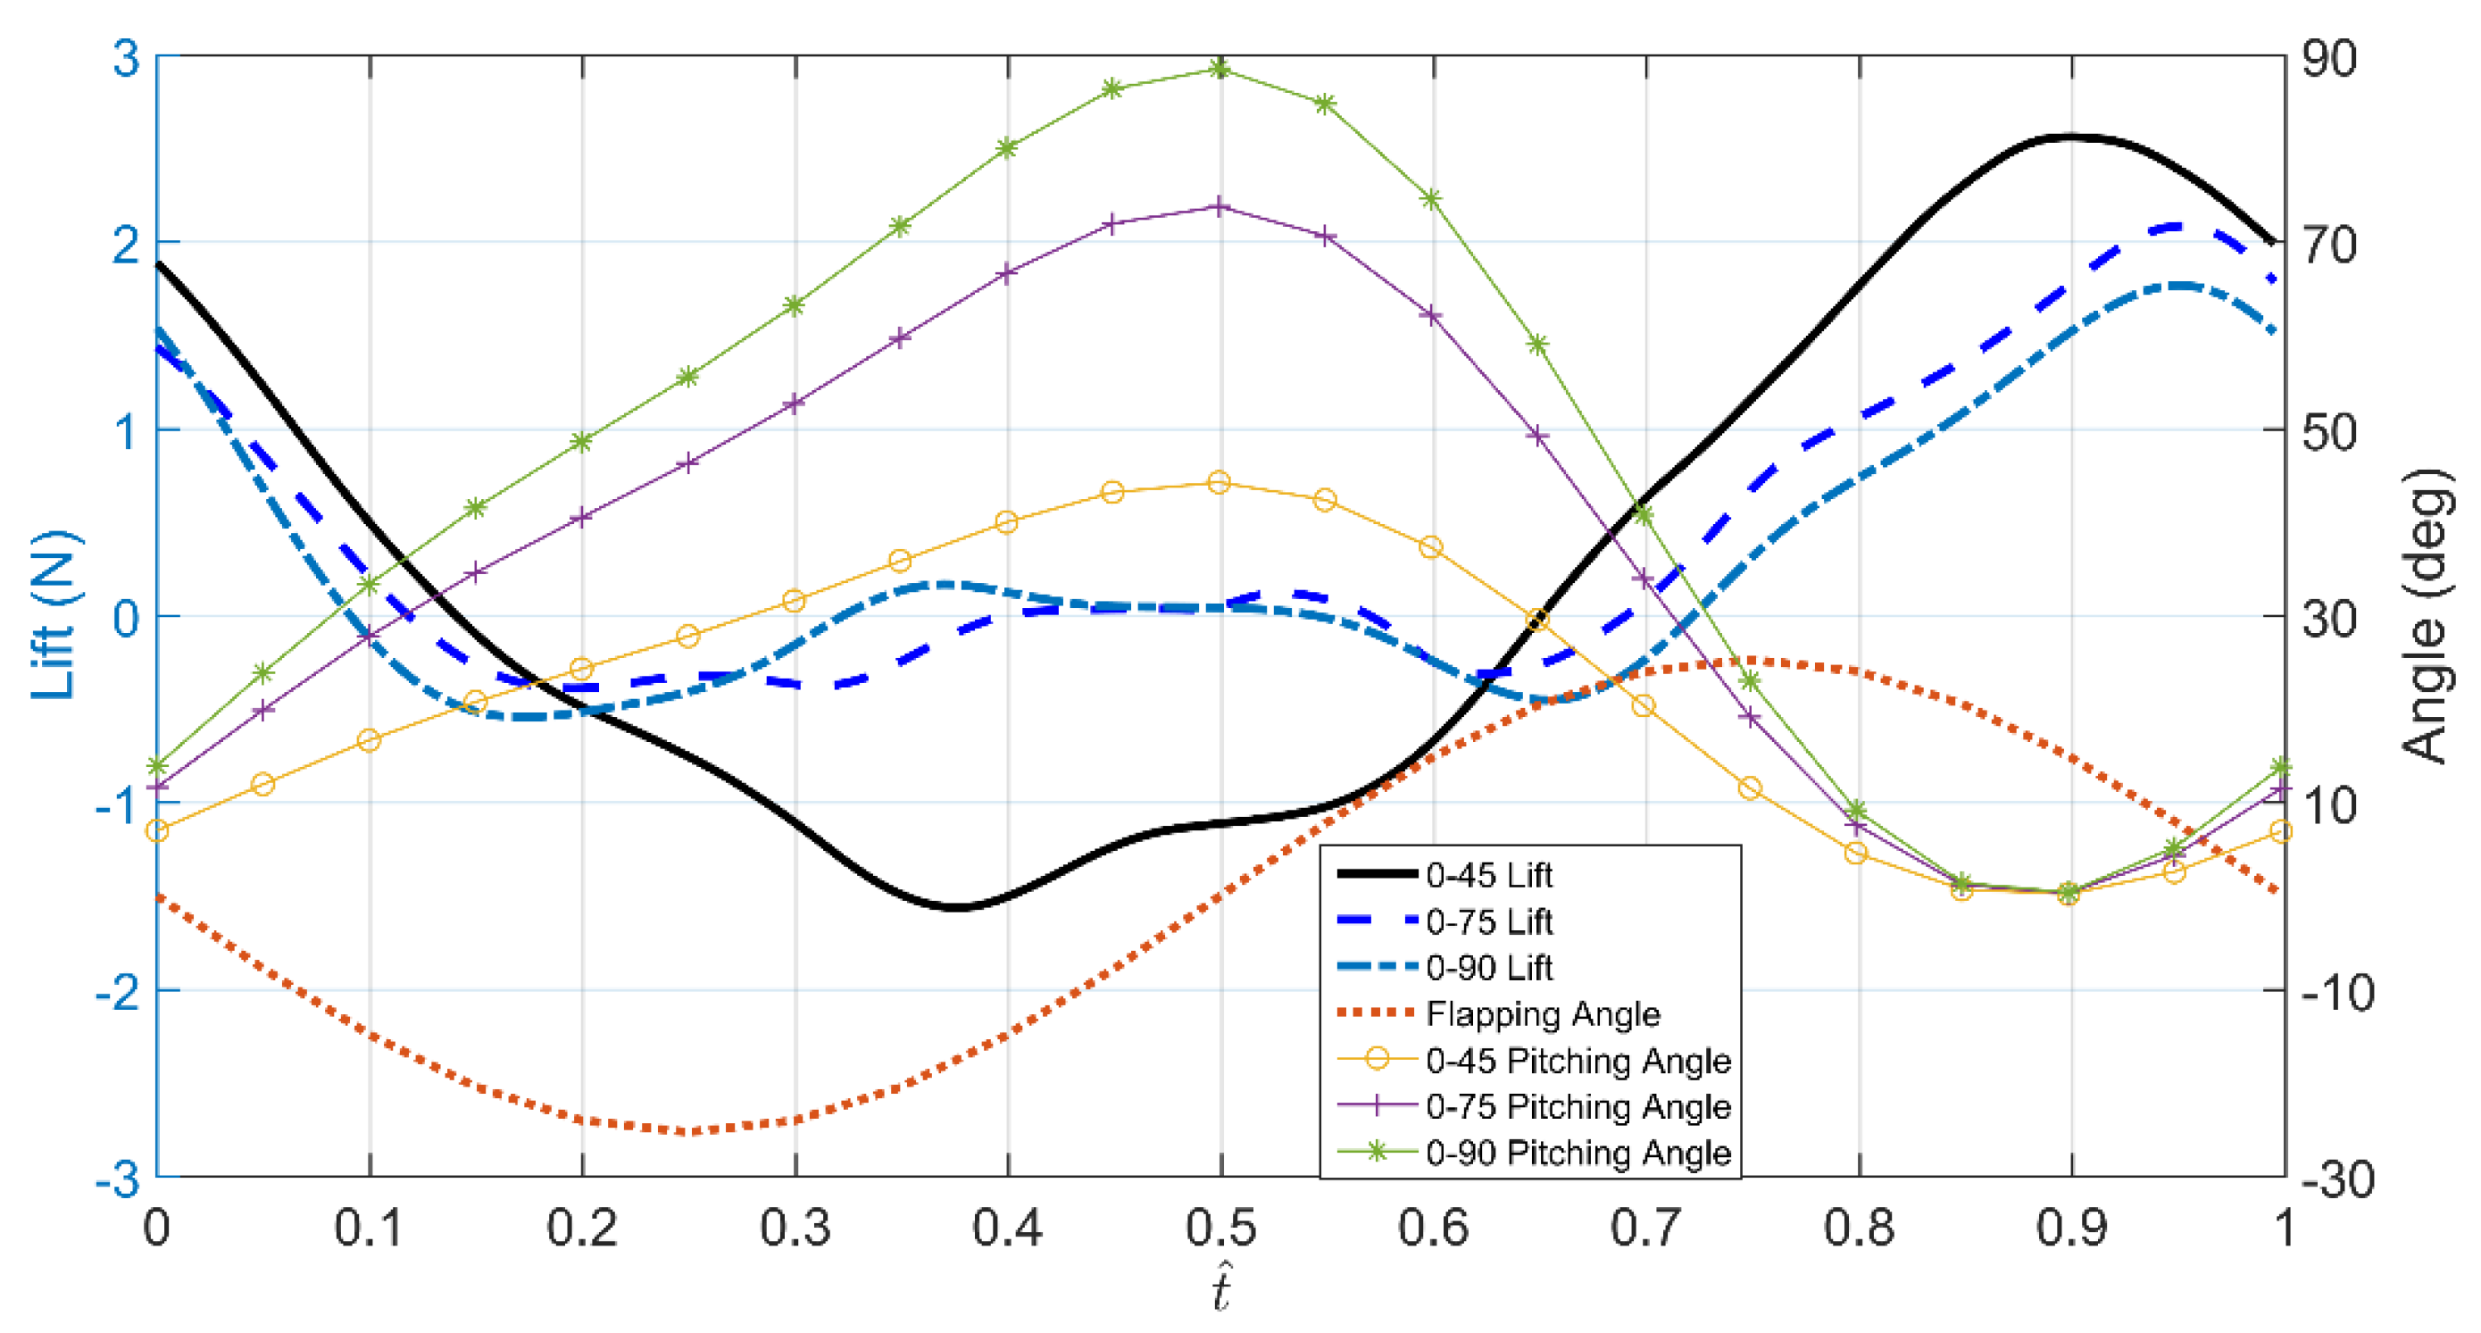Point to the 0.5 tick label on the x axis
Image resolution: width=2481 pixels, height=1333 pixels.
pos(1221,1227)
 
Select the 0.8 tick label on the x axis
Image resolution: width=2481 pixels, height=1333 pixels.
pos(1859,1227)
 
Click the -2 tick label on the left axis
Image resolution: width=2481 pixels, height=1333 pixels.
pos(118,991)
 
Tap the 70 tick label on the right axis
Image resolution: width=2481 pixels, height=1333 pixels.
pos(2329,244)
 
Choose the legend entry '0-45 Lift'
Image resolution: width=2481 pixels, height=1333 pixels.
pos(1488,875)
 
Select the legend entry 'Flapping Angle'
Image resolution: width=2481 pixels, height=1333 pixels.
pos(1542,1013)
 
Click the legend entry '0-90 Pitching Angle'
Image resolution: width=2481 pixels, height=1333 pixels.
pos(1578,1152)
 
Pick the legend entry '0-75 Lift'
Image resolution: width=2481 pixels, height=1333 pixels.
pos(1488,921)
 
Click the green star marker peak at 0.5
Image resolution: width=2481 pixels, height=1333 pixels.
pos(1220,69)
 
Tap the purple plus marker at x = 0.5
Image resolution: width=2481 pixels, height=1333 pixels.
pos(1220,206)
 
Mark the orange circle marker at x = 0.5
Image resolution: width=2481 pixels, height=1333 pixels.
pos(1220,481)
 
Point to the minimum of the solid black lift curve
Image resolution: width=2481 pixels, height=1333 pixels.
pos(955,907)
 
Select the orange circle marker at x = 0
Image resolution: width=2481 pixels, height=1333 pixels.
pos(157,830)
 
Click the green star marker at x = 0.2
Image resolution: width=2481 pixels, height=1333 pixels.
pos(582,442)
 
